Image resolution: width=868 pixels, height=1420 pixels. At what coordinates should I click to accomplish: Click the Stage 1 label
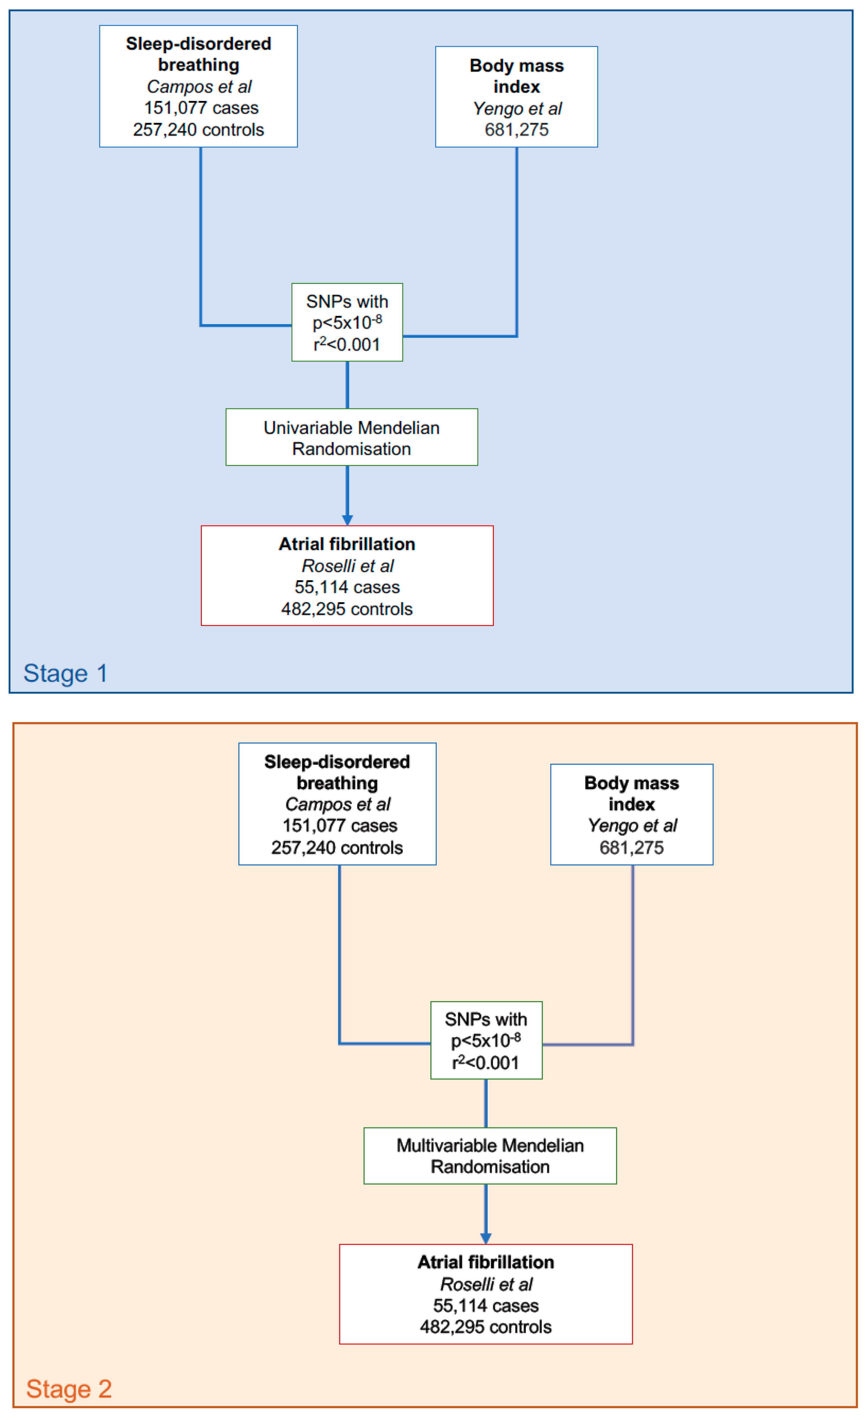65,673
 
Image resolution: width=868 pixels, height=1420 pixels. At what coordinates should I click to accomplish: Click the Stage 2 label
69,1389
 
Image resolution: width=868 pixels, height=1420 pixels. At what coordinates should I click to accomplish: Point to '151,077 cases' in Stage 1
201,108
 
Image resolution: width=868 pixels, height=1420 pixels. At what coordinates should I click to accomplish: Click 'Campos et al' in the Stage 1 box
199,87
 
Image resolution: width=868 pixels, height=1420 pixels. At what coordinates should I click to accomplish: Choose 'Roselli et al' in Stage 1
347,566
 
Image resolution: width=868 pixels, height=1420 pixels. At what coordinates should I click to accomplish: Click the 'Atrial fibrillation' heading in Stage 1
347,544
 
